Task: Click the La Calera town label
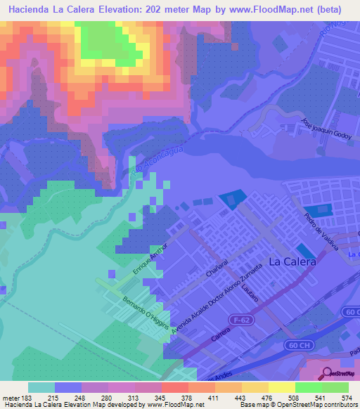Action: [x=292, y=261]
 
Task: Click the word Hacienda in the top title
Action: [x=30, y=10]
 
